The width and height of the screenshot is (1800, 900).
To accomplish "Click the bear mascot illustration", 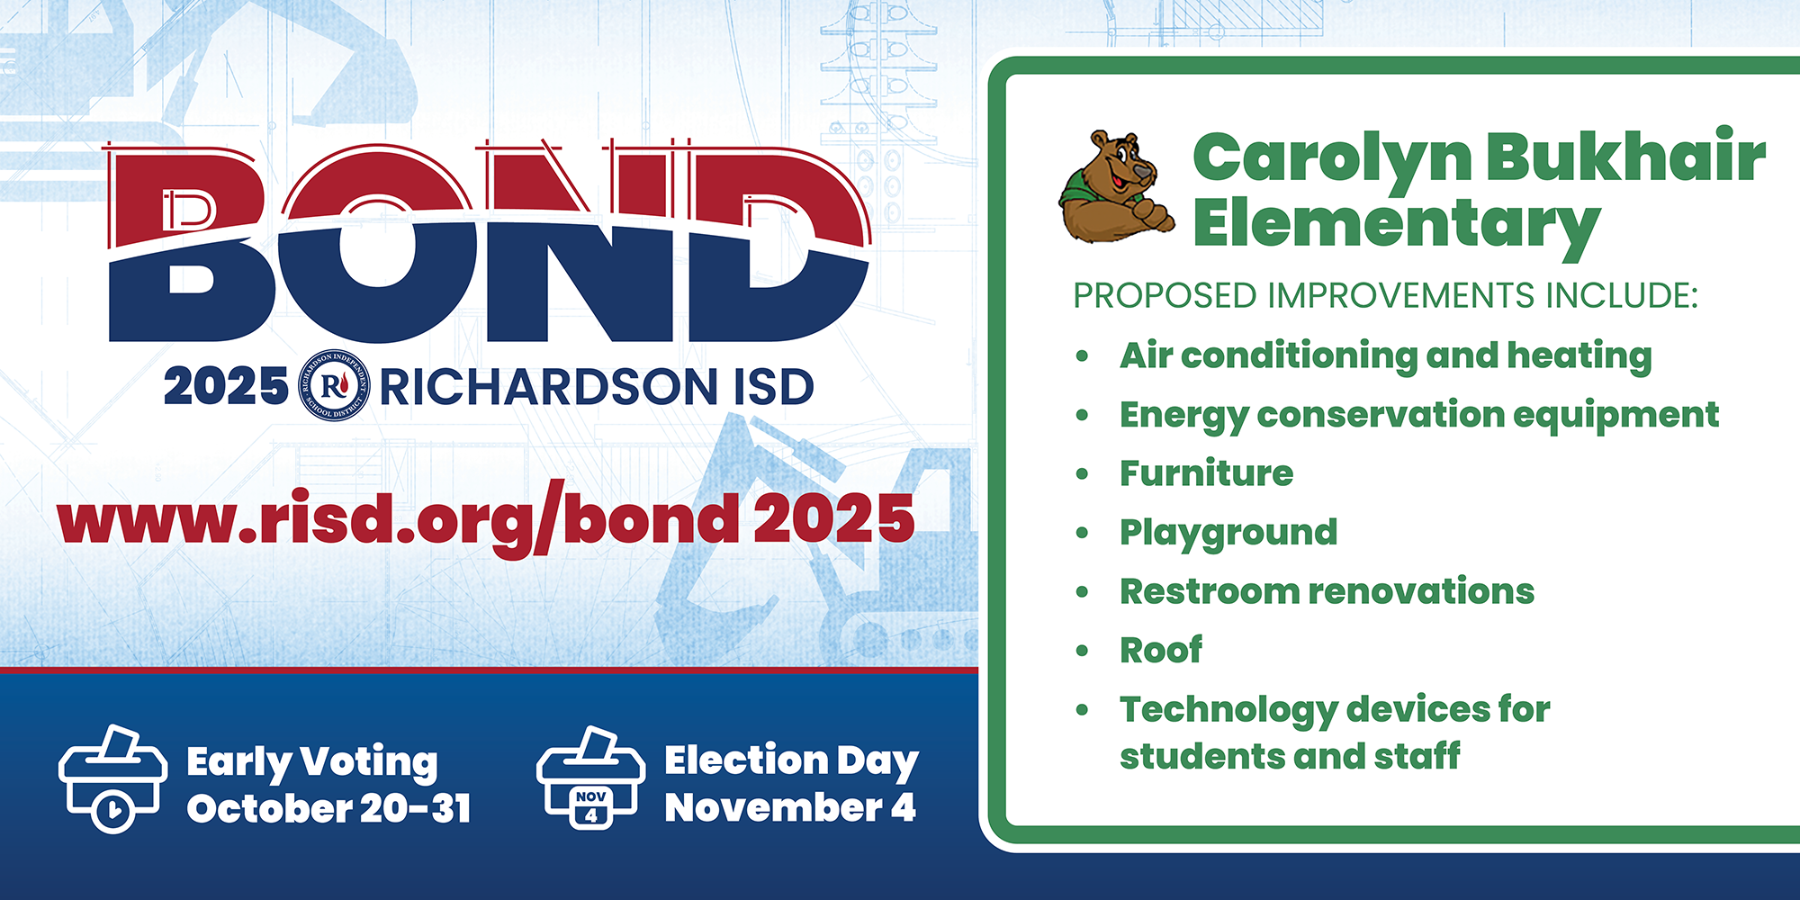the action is [1116, 186].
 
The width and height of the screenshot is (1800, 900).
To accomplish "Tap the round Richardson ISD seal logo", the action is [334, 385].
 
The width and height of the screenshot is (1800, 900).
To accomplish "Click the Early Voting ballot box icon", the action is [112, 778].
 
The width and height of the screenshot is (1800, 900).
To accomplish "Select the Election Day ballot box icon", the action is [590, 778].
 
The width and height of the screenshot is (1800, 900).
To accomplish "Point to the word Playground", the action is [1228, 533].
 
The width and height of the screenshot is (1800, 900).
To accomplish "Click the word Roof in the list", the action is [1161, 650].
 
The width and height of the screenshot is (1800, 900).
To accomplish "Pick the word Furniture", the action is [1206, 473].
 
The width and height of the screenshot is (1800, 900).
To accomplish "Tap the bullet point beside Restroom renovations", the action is [1082, 592].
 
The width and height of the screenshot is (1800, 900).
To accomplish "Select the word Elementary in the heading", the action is [1397, 223].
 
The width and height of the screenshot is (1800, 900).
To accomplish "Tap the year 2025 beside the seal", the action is [226, 387].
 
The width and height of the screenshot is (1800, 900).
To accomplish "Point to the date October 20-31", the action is [329, 808].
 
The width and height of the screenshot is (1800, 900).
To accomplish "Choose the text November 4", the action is [790, 807].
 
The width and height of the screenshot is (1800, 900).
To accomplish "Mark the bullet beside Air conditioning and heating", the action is [1082, 356].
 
